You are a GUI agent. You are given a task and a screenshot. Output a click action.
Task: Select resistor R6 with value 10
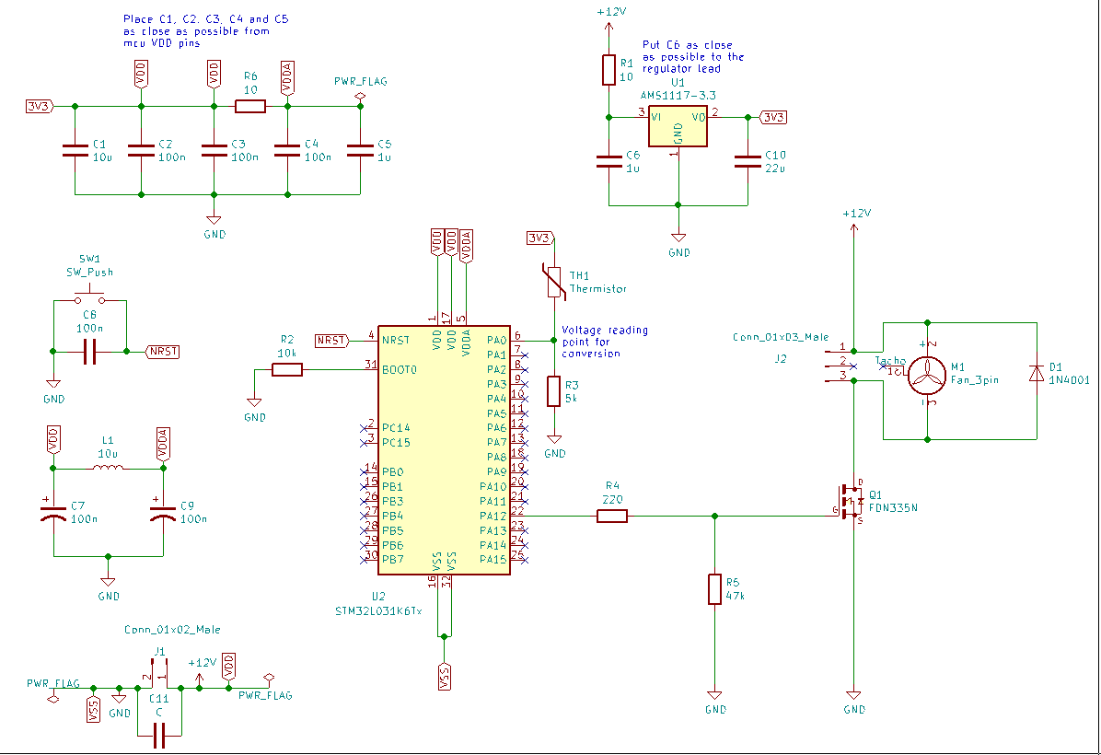(x=250, y=107)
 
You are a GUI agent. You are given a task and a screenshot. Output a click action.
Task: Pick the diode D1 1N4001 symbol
(x=1037, y=372)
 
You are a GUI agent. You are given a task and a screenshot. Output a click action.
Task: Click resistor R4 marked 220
(x=612, y=517)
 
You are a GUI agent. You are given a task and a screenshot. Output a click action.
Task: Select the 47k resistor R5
(x=714, y=589)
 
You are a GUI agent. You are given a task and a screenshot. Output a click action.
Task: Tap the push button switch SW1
(x=89, y=298)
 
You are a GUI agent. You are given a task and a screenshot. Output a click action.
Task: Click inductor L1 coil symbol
(x=109, y=469)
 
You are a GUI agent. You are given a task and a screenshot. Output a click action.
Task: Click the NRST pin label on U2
(x=395, y=340)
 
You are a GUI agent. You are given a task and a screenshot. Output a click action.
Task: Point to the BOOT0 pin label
(x=399, y=369)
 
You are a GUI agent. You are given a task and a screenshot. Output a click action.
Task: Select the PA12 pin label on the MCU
(x=493, y=517)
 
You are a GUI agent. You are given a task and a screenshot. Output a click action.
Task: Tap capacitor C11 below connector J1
(x=159, y=734)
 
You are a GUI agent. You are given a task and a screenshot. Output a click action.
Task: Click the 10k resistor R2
(x=287, y=369)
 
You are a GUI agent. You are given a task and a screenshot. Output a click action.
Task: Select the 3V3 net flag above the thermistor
(x=539, y=238)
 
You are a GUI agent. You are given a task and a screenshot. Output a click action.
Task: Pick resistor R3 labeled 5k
(x=554, y=391)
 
